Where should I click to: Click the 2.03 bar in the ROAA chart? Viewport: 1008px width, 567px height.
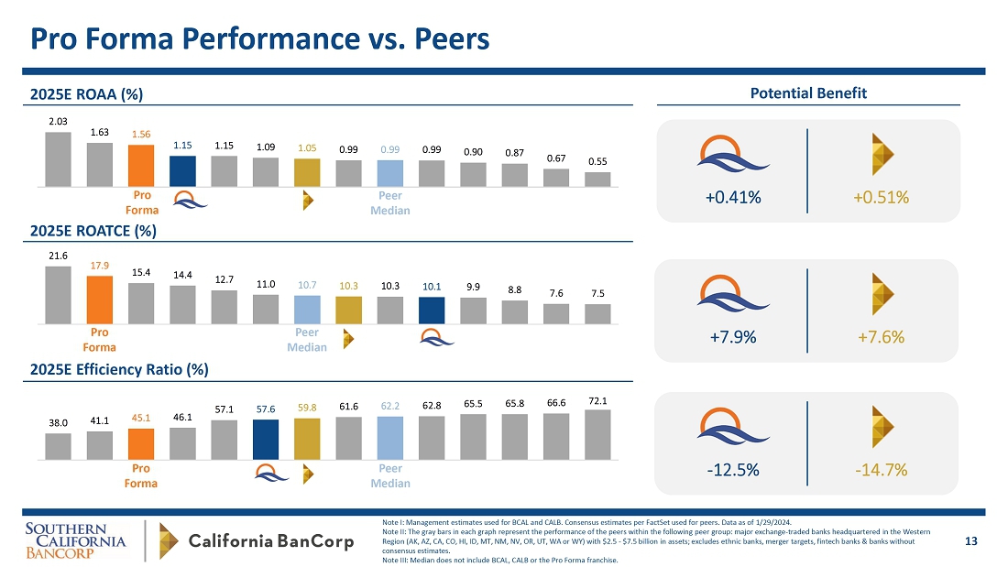(58, 159)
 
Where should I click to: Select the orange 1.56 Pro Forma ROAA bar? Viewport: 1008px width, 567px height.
(140, 166)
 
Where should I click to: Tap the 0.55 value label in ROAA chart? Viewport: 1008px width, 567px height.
(597, 160)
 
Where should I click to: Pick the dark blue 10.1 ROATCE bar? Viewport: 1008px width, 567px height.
(432, 310)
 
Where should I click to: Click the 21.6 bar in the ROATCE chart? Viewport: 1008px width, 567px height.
(58, 295)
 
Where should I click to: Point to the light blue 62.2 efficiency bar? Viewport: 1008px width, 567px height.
(390, 438)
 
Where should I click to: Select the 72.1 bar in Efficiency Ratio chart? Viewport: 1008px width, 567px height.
(597, 434)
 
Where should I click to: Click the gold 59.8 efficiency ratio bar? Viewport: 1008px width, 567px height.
(307, 439)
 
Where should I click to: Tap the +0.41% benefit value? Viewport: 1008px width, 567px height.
(733, 196)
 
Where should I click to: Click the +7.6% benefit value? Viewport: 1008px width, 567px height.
(882, 337)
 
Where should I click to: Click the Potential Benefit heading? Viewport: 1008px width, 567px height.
(808, 93)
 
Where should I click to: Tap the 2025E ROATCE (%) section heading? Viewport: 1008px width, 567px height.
(93, 232)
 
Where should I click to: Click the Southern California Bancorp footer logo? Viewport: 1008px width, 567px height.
(75, 541)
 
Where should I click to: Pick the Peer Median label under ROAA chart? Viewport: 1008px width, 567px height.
(389, 202)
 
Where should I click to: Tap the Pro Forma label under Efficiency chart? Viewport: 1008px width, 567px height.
(141, 474)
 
